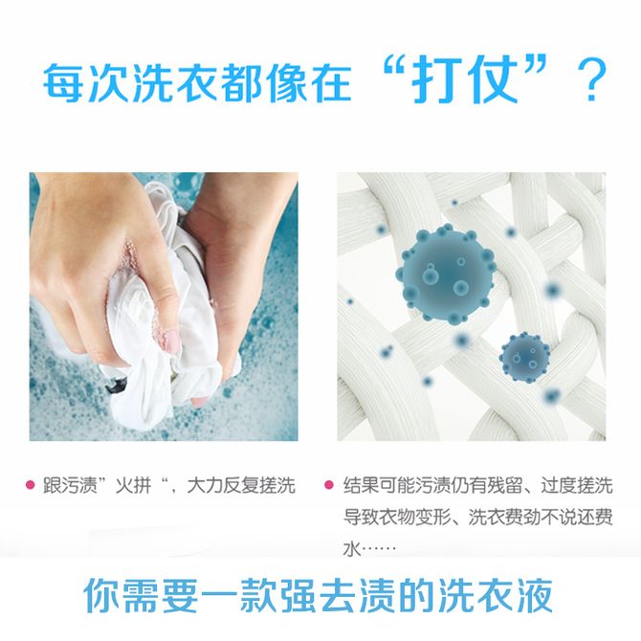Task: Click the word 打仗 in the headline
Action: [x=464, y=79]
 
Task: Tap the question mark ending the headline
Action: [x=591, y=80]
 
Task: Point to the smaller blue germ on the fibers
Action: [x=524, y=357]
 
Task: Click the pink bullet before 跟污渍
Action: [x=30, y=485]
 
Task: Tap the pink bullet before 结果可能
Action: [x=328, y=485]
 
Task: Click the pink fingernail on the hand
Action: [x=174, y=341]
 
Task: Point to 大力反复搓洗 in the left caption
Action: [x=241, y=486]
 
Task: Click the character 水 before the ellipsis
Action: [x=351, y=549]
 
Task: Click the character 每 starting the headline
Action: [x=64, y=81]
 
